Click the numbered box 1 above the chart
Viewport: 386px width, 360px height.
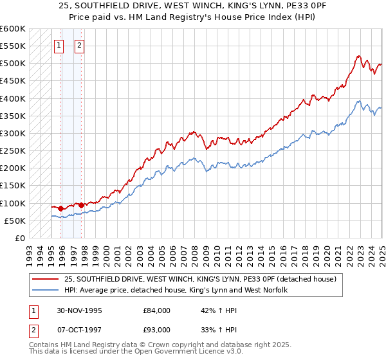[59, 46]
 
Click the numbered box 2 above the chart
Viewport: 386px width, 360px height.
[79, 46]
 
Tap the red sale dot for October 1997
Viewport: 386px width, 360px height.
[82, 205]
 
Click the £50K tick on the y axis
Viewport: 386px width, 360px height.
[14, 221]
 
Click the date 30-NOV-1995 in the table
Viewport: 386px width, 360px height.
[80, 310]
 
